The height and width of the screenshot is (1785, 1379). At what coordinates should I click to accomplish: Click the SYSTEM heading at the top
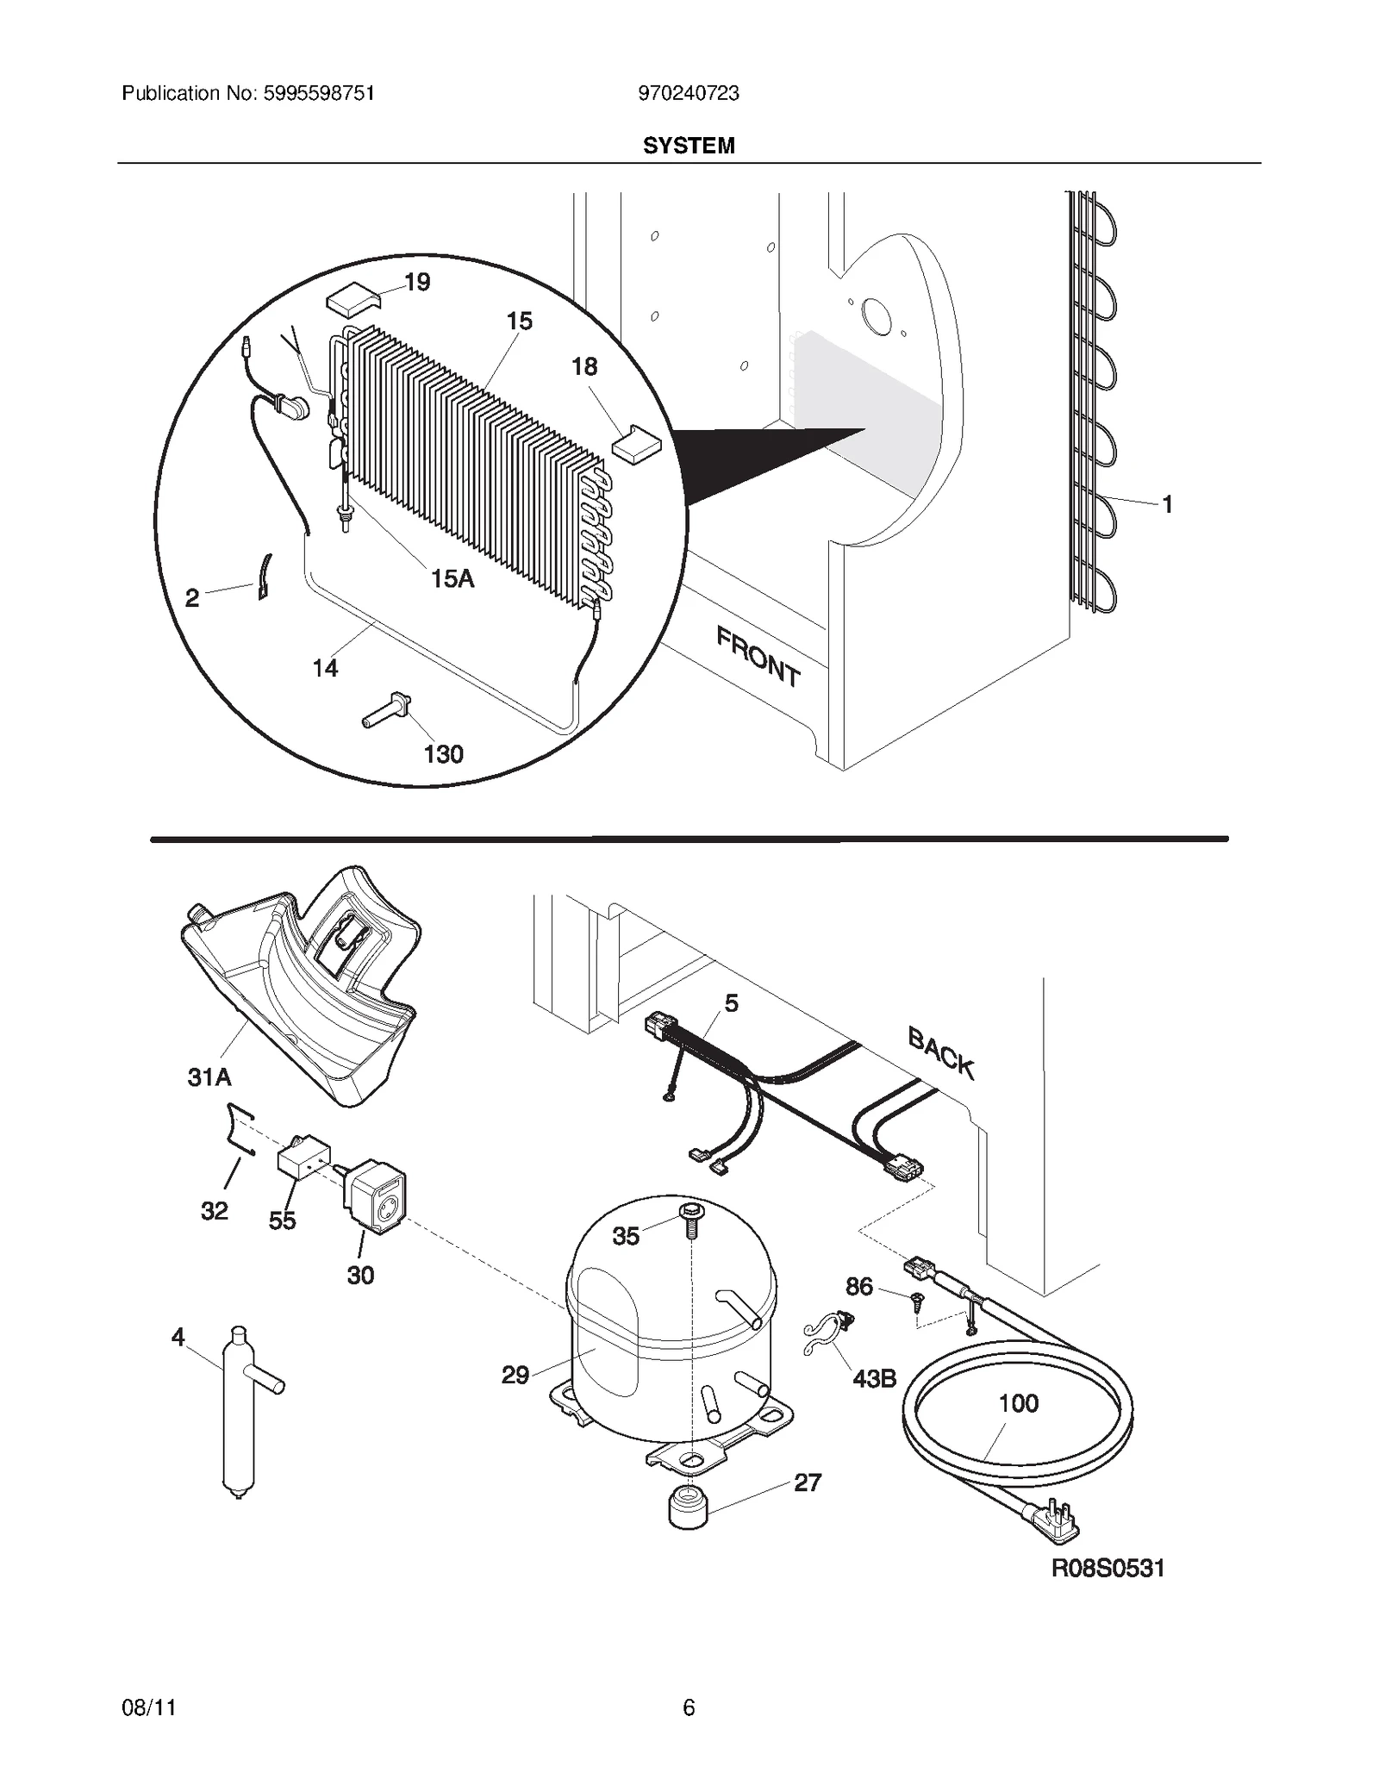pos(689,146)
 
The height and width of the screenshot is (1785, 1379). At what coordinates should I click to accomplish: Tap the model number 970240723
pos(689,93)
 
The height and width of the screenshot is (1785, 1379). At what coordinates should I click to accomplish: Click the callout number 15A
pos(452,579)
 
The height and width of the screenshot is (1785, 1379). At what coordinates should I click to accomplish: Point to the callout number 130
pos(444,754)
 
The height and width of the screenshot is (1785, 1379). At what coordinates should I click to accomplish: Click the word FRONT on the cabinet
pos(758,656)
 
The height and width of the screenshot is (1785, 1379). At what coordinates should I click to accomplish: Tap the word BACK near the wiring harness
pos(941,1053)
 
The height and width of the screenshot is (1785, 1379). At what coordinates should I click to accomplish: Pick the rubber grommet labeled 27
pos(688,1507)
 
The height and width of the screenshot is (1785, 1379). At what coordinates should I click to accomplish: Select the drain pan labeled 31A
pos(302,991)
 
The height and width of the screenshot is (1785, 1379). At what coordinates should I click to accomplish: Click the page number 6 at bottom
pos(689,1707)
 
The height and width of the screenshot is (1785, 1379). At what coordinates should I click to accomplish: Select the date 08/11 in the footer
pos(149,1707)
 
